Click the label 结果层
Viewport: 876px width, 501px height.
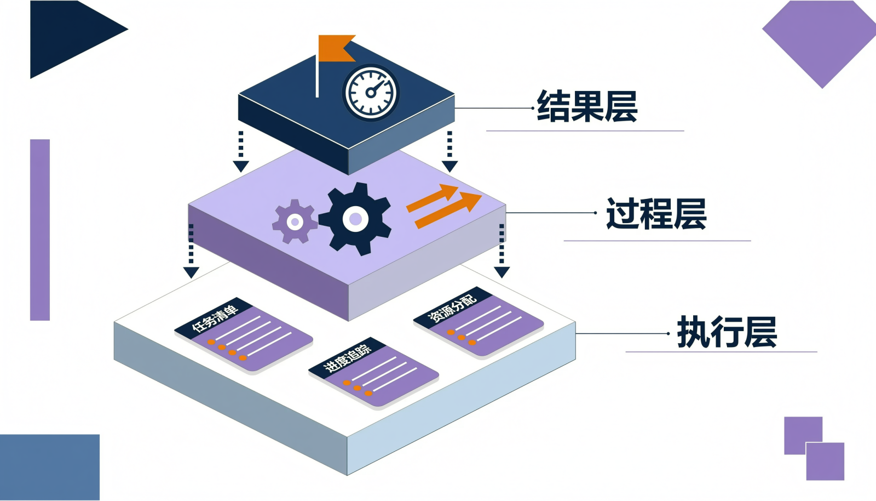click(x=587, y=106)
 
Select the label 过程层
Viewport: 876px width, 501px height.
click(x=656, y=213)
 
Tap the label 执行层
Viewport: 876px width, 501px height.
click(x=727, y=332)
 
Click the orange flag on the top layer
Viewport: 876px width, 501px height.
click(x=337, y=48)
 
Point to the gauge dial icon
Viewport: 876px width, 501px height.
click(x=371, y=93)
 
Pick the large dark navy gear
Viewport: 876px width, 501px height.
click(x=355, y=219)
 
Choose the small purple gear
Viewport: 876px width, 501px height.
click(x=295, y=222)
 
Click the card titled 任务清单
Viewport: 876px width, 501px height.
click(x=243, y=335)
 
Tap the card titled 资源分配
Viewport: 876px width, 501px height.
click(x=479, y=322)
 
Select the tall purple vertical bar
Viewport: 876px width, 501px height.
click(x=40, y=230)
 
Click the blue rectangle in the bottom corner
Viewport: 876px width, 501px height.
click(x=50, y=468)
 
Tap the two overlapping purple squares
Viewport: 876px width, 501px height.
click(x=814, y=448)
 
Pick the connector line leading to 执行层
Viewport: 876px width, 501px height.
click(x=622, y=333)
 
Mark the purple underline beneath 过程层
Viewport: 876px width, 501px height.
click(x=657, y=241)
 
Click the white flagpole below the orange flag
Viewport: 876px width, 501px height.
click(x=317, y=76)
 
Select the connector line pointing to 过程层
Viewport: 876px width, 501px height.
click(x=551, y=213)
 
